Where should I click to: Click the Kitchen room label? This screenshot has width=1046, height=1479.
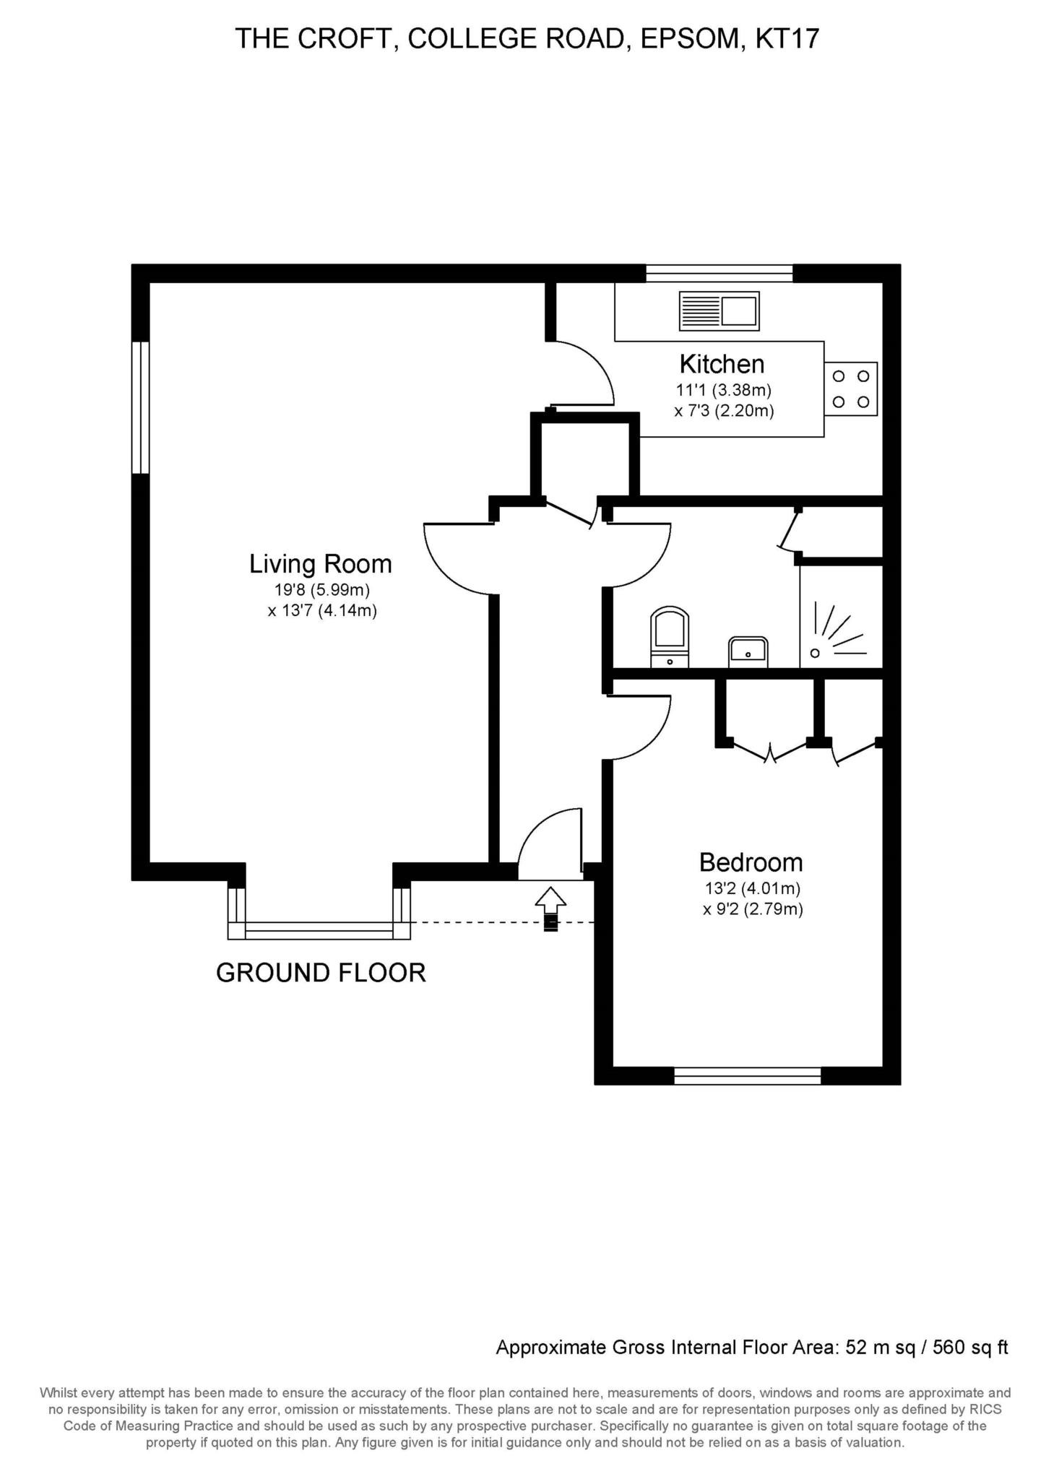[722, 363]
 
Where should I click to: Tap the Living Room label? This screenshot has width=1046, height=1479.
[321, 563]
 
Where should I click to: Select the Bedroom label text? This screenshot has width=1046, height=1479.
[751, 862]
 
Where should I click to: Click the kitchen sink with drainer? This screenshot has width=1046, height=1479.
[719, 311]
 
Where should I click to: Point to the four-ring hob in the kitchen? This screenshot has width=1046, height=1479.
[851, 389]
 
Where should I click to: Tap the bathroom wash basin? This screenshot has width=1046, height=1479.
[748, 652]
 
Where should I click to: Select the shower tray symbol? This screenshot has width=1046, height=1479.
[841, 617]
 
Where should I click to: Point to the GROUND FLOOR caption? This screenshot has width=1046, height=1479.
[321, 973]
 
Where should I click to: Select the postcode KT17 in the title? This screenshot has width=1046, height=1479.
[787, 38]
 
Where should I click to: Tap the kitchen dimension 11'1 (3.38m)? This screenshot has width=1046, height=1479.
[724, 391]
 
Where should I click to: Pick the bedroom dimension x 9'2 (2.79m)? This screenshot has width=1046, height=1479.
[753, 909]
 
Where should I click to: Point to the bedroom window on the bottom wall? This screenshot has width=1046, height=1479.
[748, 1076]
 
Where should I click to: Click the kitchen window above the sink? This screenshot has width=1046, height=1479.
[719, 273]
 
